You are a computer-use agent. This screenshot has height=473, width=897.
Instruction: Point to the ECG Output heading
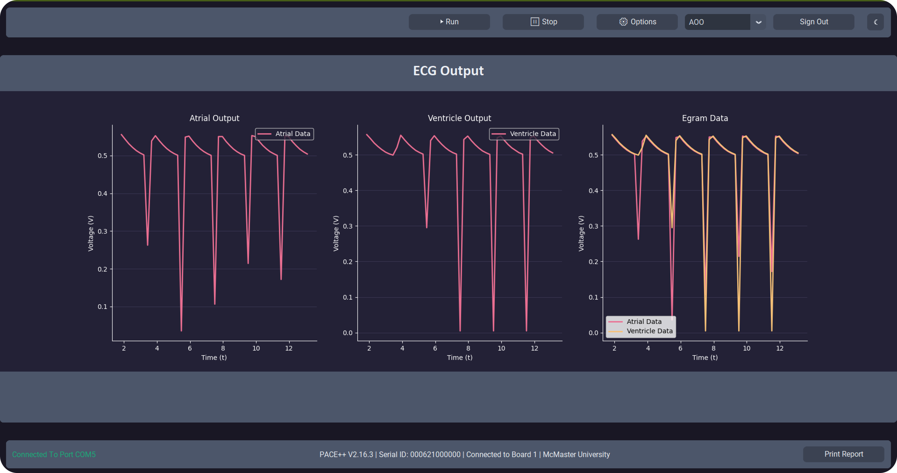tap(448, 71)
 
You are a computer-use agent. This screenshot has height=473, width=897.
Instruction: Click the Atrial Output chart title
tap(214, 118)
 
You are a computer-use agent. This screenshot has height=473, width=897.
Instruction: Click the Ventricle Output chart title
tap(459, 118)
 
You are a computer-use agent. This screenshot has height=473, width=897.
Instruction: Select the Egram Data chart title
tap(705, 118)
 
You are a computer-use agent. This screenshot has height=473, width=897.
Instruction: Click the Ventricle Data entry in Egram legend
tap(649, 331)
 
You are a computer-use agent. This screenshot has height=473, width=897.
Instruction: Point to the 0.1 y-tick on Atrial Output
tap(102, 307)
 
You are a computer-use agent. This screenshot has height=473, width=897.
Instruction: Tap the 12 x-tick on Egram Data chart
tap(780, 348)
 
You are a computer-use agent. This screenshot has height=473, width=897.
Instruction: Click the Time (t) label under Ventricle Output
tap(459, 357)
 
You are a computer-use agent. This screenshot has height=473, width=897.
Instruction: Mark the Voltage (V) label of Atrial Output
tap(91, 233)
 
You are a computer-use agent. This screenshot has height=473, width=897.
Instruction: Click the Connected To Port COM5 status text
tap(54, 455)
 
